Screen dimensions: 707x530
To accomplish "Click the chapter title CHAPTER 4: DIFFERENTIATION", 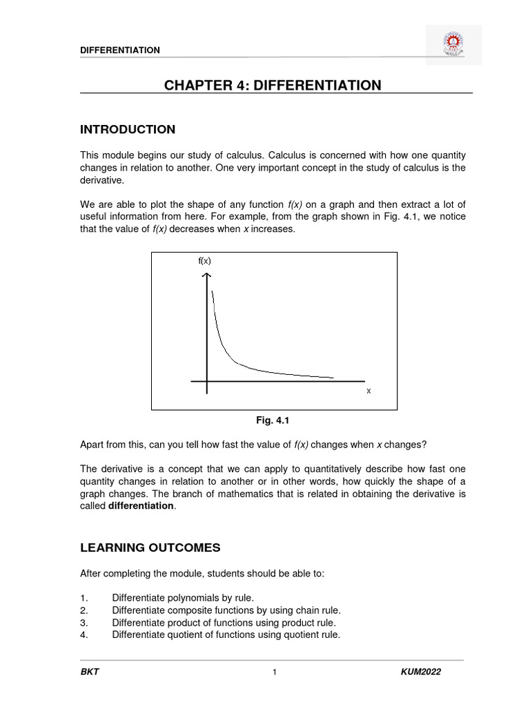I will (x=272, y=85).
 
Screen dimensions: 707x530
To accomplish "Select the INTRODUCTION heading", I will (x=128, y=130).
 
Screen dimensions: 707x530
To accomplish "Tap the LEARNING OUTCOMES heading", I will (x=150, y=548).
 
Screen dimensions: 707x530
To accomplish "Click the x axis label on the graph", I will (x=369, y=391).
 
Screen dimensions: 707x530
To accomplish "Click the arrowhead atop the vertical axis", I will (x=206, y=276).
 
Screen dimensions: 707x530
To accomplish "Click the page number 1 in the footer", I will (x=274, y=673).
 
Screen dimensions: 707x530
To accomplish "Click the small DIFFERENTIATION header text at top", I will (x=120, y=50).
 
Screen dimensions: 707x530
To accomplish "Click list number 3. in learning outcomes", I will (x=84, y=623).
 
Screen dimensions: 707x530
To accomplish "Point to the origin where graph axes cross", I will (x=206, y=380).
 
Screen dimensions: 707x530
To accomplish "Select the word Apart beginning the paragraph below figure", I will (x=93, y=443).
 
